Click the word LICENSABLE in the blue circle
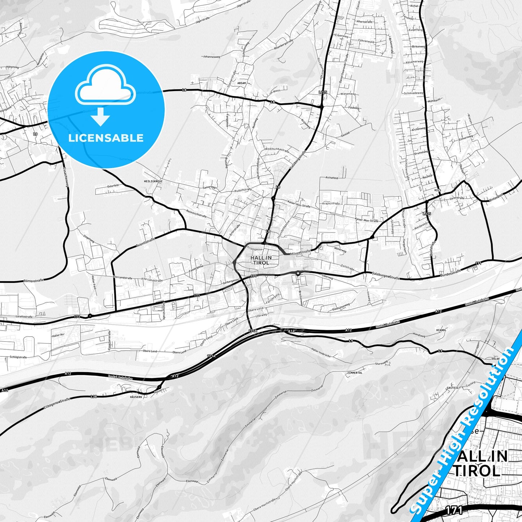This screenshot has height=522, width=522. (106, 138)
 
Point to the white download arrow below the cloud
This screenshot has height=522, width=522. (100, 117)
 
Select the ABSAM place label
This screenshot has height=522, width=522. (241, 83)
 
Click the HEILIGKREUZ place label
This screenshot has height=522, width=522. (153, 181)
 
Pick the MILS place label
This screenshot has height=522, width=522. (438, 190)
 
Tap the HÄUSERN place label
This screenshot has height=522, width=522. (135, 397)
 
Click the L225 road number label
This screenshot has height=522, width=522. (323, 92)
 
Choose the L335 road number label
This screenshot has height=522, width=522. (427, 214)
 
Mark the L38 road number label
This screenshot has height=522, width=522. (94, 397)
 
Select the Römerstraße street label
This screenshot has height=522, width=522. (33, 280)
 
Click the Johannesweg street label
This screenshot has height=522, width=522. (212, 57)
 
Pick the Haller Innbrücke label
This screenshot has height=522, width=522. (321, 352)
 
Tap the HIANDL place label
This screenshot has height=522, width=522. (441, 330)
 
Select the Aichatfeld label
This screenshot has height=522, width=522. (332, 178)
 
